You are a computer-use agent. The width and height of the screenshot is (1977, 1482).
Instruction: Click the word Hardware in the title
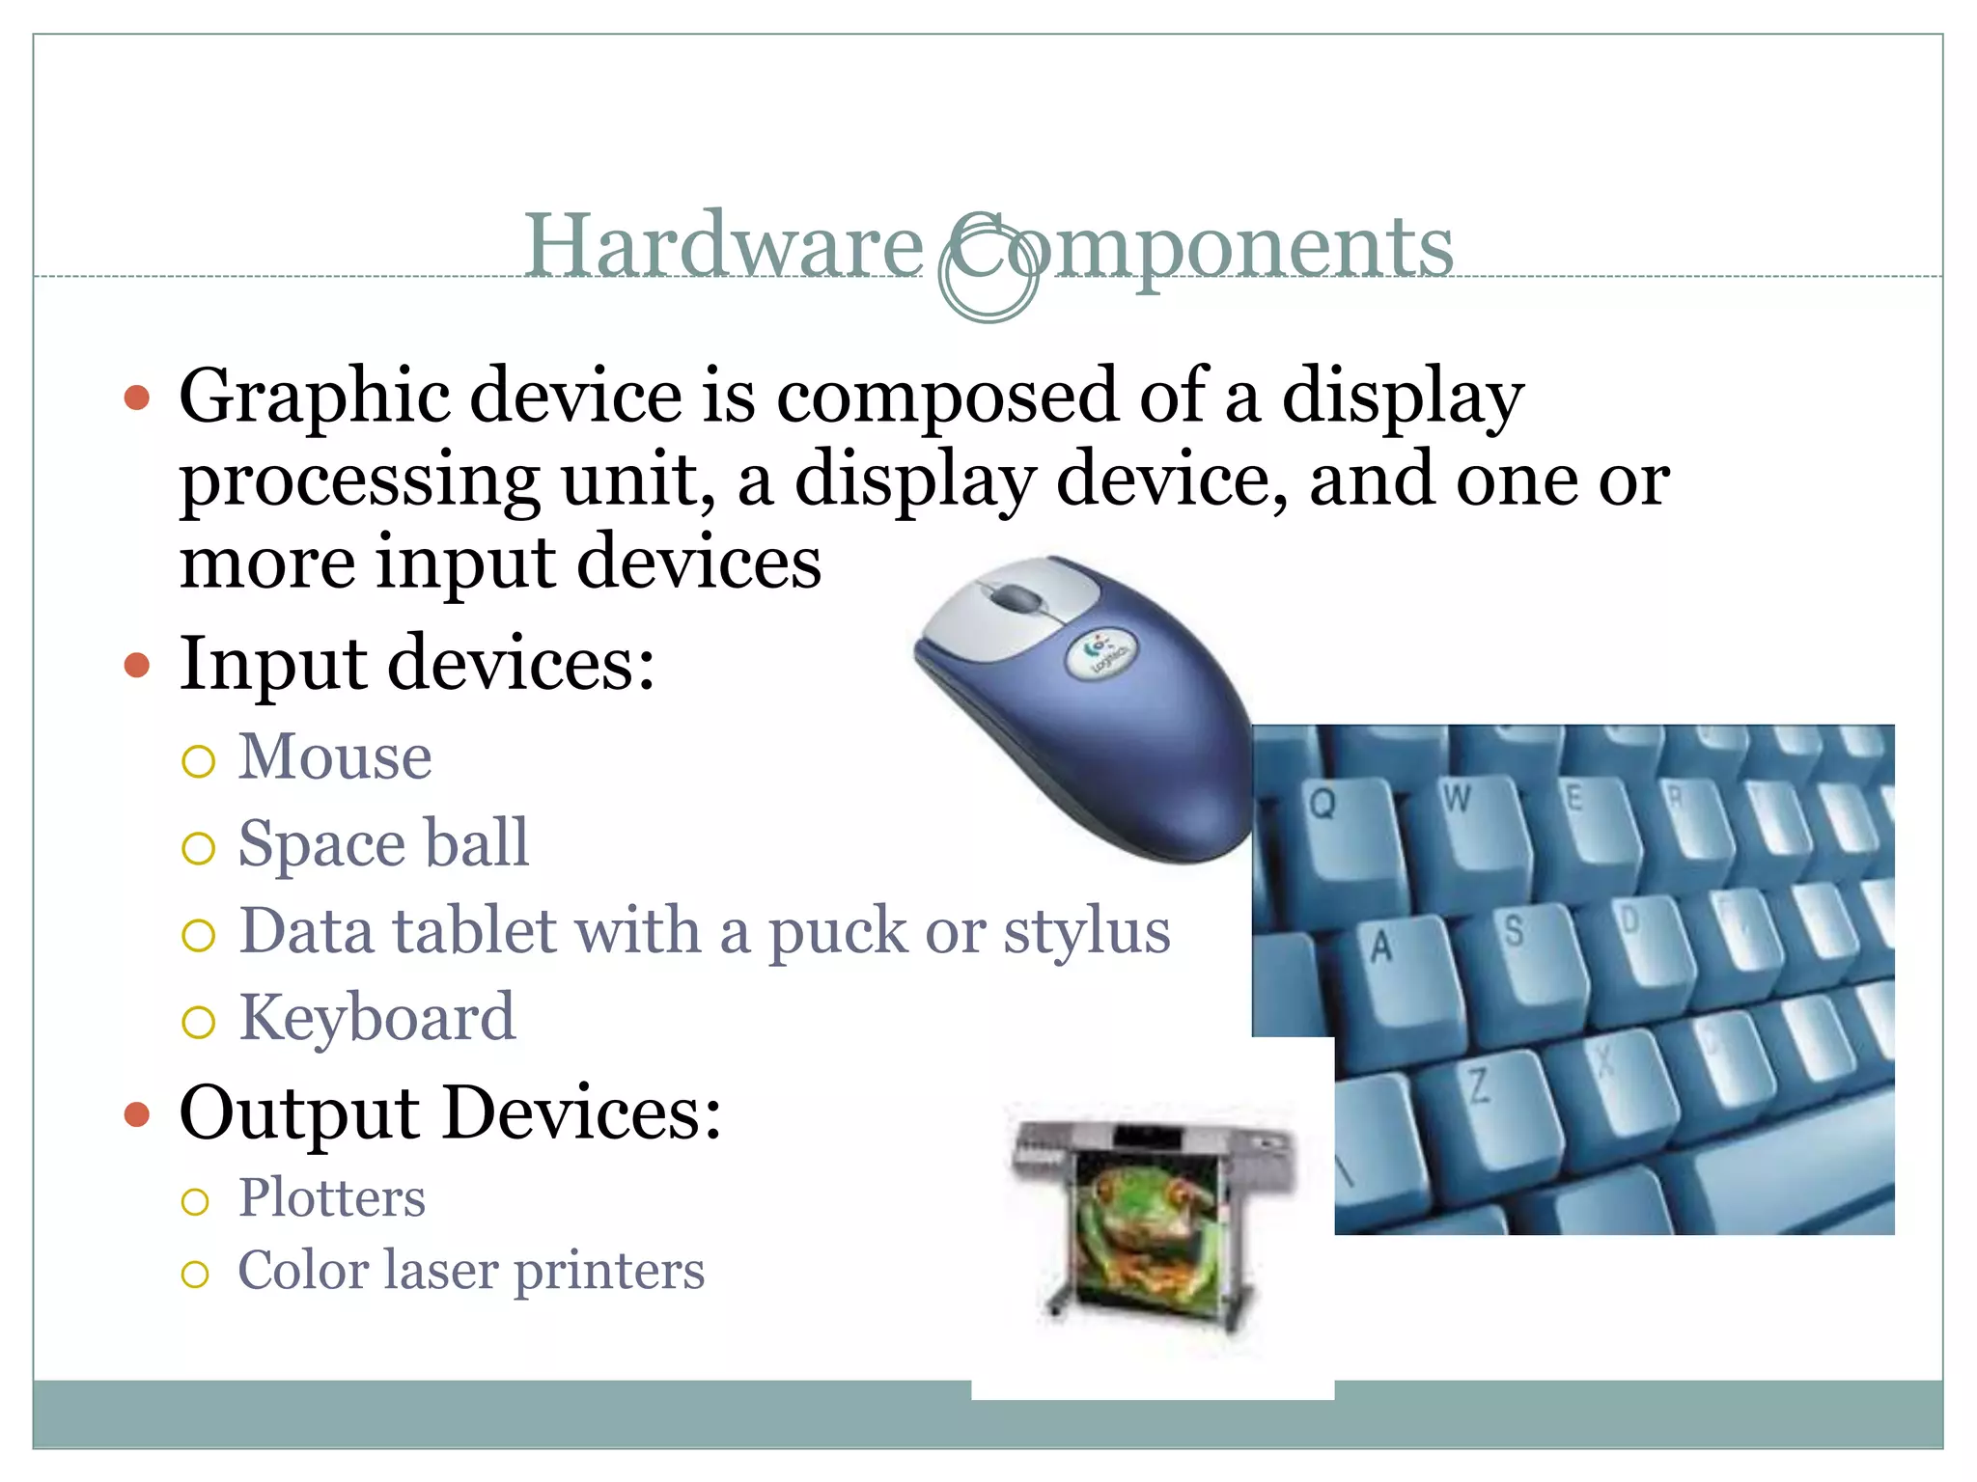click(724, 246)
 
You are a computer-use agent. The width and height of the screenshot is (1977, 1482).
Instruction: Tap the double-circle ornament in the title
click(988, 272)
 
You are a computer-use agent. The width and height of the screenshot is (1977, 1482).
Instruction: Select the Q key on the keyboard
click(1332, 820)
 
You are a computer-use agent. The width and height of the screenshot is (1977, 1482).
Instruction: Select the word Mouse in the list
click(335, 756)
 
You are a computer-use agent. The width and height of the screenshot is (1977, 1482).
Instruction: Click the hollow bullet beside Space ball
click(198, 848)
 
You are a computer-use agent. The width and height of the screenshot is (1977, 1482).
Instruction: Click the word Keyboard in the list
click(376, 1018)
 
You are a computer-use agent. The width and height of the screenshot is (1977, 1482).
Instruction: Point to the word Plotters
click(331, 1198)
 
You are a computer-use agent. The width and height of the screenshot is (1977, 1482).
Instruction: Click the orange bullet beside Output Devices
click(138, 1115)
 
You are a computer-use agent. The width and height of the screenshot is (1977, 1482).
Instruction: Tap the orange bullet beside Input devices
click(138, 666)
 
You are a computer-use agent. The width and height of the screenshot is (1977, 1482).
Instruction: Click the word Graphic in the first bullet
click(314, 398)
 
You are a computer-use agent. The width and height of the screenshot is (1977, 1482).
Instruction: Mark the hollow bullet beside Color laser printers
click(195, 1275)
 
